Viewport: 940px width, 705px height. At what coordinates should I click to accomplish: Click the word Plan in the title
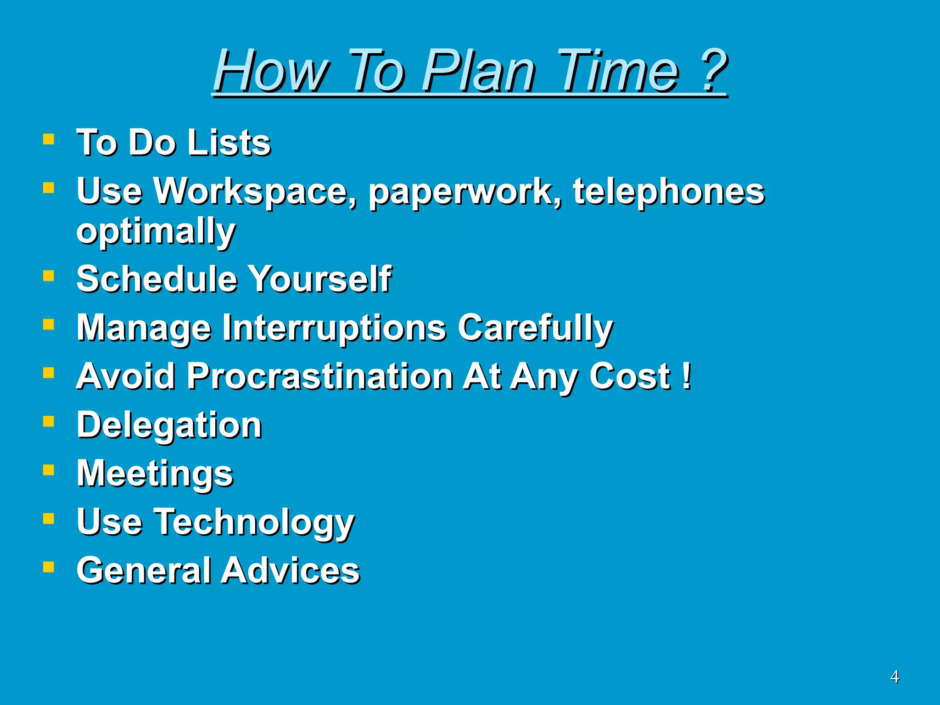[x=477, y=71]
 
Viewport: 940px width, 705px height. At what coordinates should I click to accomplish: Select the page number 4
[x=894, y=677]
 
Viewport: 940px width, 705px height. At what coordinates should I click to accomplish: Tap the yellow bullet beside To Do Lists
[x=49, y=139]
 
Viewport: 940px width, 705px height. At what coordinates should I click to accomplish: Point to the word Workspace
[x=255, y=192]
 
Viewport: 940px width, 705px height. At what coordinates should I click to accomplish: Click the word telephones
[x=668, y=192]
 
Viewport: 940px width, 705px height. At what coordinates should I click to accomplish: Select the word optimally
[x=156, y=232]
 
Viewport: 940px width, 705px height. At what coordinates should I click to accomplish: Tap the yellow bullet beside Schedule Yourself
[x=49, y=275]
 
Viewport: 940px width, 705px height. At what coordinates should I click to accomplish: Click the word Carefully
[x=535, y=328]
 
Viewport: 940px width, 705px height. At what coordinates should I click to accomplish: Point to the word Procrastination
[x=320, y=376]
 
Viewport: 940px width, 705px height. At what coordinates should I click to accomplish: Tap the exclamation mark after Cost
[x=686, y=375]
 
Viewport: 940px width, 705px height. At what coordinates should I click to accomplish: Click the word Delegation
[x=169, y=425]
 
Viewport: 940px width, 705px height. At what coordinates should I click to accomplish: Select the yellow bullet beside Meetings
[x=49, y=470]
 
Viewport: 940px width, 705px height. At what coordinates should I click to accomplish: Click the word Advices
[x=291, y=571]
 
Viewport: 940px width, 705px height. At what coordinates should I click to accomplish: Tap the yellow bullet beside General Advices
[x=49, y=567]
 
